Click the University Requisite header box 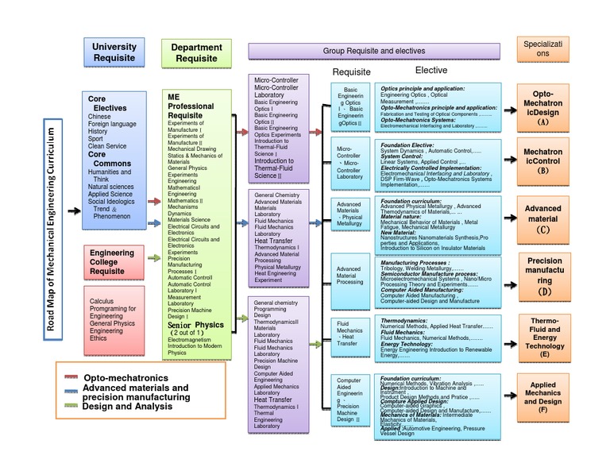[x=114, y=52]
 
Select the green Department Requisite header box [x=196, y=52]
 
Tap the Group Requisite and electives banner [x=374, y=51]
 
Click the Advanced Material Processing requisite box [x=350, y=276]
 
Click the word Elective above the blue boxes [x=431, y=71]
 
